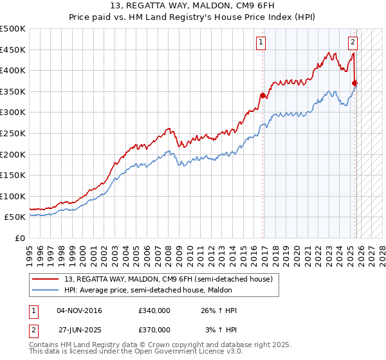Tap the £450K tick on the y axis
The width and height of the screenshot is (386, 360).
(x=13, y=50)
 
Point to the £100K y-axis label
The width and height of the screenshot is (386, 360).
(x=13, y=196)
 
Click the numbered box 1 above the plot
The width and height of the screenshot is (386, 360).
(x=261, y=43)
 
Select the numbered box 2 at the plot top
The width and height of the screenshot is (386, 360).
(x=353, y=43)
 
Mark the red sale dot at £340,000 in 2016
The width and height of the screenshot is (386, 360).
(x=262, y=96)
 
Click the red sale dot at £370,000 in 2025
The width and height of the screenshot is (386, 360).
(x=355, y=83)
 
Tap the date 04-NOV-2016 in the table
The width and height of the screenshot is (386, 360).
(x=79, y=310)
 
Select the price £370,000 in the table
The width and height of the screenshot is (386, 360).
(x=154, y=329)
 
